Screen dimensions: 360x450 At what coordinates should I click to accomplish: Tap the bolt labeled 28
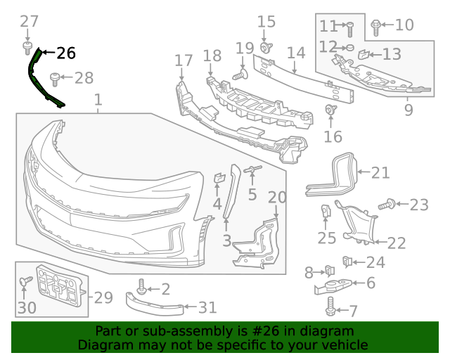54,77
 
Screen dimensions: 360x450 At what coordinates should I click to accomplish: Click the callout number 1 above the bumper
98,100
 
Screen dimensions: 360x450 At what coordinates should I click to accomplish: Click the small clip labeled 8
328,270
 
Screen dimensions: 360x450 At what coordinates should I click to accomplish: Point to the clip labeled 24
347,262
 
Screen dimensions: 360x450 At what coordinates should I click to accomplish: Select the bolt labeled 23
386,205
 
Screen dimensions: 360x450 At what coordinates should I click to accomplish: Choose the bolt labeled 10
375,27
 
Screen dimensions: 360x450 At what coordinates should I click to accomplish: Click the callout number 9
409,110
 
